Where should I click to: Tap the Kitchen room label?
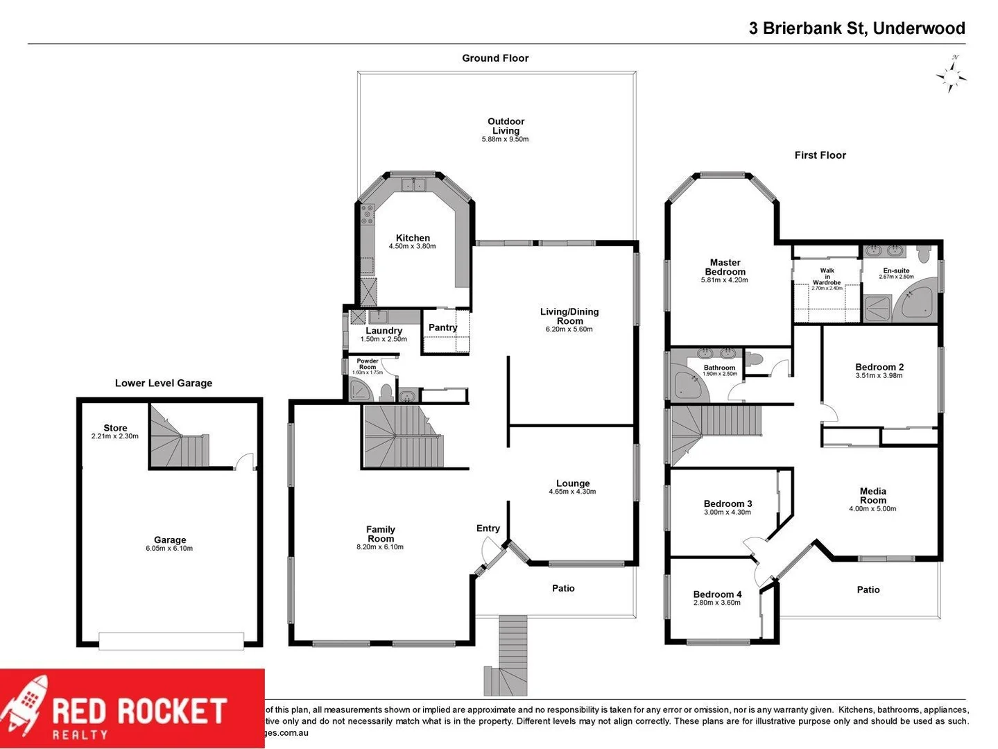coord(413,238)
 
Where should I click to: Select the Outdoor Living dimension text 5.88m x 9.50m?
coord(505,139)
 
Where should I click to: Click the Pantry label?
coord(442,327)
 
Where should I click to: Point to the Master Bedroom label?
coord(725,267)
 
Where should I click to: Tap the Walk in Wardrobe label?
coord(827,277)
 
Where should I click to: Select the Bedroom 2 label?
coord(879,367)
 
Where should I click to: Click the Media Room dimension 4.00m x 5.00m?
coord(872,508)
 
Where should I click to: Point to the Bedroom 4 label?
coord(717,594)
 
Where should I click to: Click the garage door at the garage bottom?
coord(171,641)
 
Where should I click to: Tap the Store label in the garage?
coord(115,428)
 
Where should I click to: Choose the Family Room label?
coord(380,534)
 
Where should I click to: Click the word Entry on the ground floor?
coord(488,528)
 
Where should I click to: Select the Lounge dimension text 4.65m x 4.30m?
coord(572,492)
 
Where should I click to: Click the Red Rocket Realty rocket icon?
coord(26,707)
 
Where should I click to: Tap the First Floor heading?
coord(820,155)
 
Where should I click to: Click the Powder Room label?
coord(368,364)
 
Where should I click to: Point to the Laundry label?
coord(384,331)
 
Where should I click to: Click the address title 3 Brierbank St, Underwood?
coord(857,28)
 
